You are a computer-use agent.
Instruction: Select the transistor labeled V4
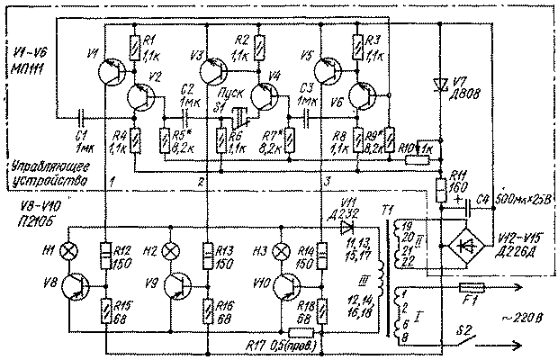(265, 96)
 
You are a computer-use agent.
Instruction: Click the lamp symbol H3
(282, 250)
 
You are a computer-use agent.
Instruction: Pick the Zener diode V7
(439, 85)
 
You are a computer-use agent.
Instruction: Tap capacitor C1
(80, 117)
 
